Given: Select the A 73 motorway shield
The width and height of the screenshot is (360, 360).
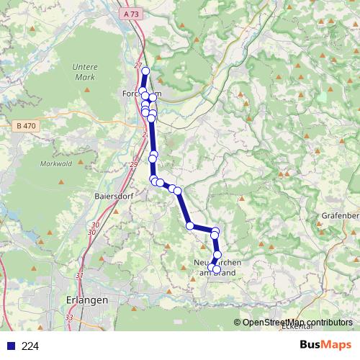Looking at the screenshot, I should [130, 14].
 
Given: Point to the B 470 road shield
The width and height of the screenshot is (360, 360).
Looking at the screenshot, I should [24, 126].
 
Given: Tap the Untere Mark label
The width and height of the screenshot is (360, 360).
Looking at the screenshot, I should [85, 71].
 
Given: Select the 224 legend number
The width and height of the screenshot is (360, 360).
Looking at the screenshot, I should [31, 346].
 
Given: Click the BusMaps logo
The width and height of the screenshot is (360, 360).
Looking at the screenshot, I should [324, 345].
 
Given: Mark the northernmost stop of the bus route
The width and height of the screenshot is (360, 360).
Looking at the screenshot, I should [145, 71].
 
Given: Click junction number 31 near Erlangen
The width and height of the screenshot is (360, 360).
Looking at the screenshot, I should [79, 276].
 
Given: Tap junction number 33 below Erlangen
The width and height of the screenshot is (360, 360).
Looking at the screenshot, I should [69, 317].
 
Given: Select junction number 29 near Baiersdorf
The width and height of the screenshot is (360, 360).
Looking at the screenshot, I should [134, 165].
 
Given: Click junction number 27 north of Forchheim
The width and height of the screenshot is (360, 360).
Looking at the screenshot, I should [137, 66].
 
